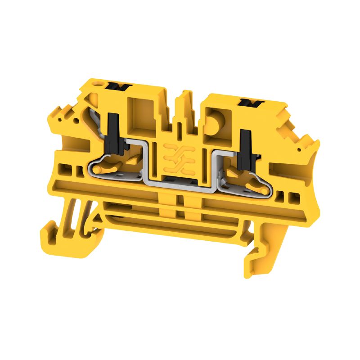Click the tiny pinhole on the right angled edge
tap(298, 148)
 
